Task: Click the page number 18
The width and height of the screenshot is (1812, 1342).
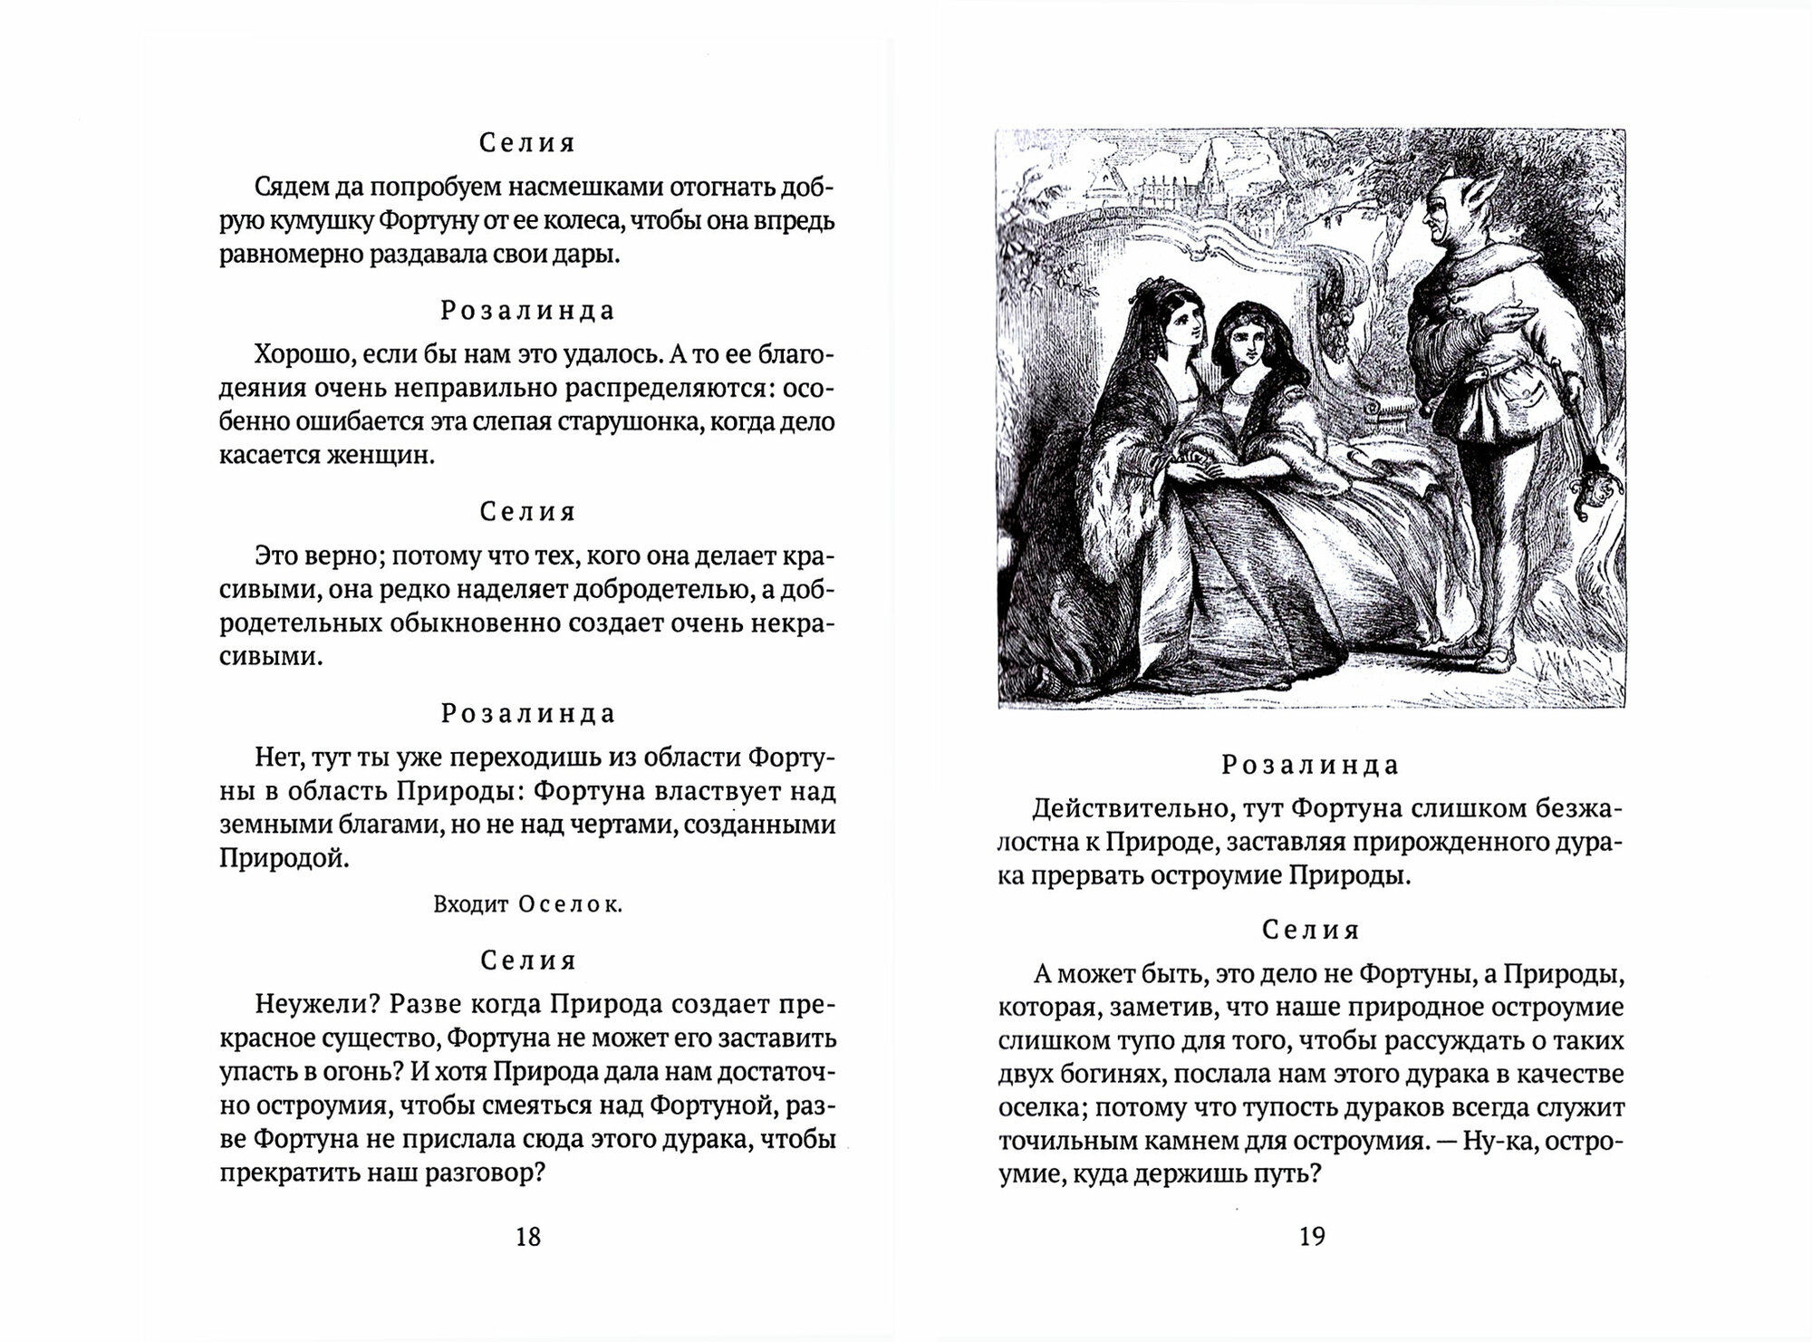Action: click(527, 1236)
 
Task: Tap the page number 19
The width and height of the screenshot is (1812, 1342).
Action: click(1312, 1236)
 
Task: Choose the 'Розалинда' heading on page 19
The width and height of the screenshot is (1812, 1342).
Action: click(1311, 766)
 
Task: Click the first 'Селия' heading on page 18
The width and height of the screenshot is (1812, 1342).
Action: click(527, 143)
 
